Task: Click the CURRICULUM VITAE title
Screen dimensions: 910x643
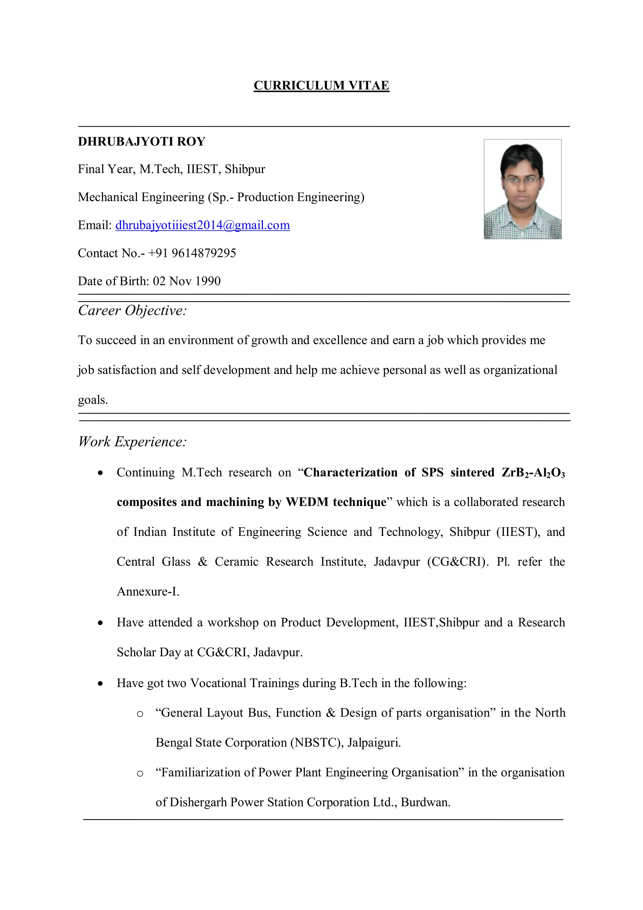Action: point(321,86)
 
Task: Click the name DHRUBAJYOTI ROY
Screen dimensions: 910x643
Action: point(141,141)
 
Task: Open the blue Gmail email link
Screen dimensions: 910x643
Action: point(203,225)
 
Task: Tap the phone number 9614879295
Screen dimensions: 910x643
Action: point(204,253)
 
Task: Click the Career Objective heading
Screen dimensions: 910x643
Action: point(132,310)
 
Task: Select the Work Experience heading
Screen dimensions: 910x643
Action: point(132,442)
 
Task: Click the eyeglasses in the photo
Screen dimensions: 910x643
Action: point(521,180)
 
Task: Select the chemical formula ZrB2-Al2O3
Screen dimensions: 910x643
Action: point(533,473)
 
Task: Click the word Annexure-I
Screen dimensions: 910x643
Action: point(148,592)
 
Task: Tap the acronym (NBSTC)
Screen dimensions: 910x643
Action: point(316,742)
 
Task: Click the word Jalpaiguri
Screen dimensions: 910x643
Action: point(374,742)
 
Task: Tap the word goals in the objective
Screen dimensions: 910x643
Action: point(93,400)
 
